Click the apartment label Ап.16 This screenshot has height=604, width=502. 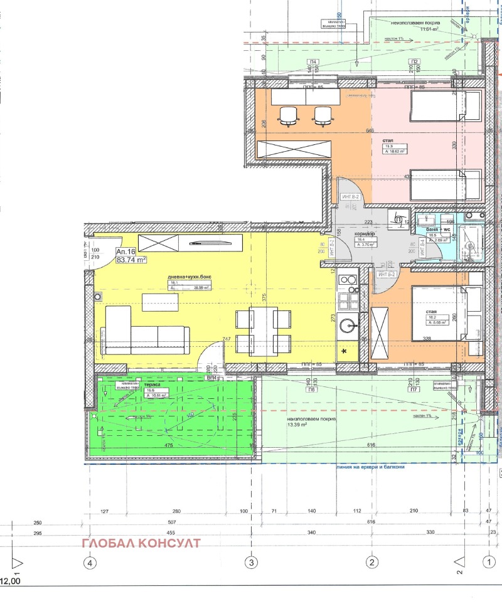click(125, 251)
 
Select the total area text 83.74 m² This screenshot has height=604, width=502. click(131, 260)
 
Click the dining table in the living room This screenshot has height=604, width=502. click(264, 331)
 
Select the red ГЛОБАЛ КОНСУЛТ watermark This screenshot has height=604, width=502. click(141, 543)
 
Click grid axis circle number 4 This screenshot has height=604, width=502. click(90, 561)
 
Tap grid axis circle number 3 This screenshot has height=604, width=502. click(252, 561)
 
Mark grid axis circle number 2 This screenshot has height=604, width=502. click(371, 561)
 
